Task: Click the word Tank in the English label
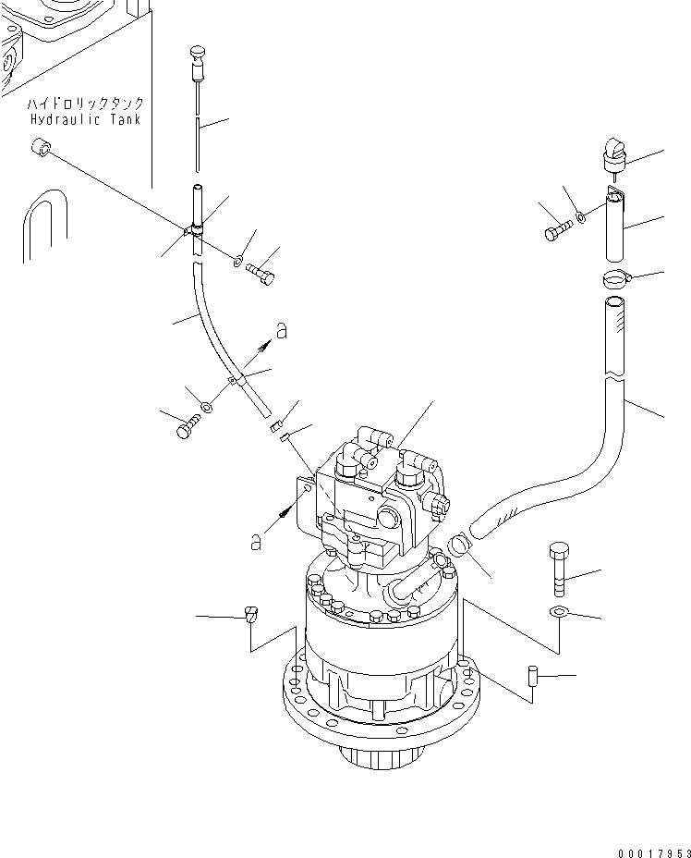point(124,120)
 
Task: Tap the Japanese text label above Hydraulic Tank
point(85,104)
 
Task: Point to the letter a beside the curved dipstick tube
point(281,331)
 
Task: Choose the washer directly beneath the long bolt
point(558,612)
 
